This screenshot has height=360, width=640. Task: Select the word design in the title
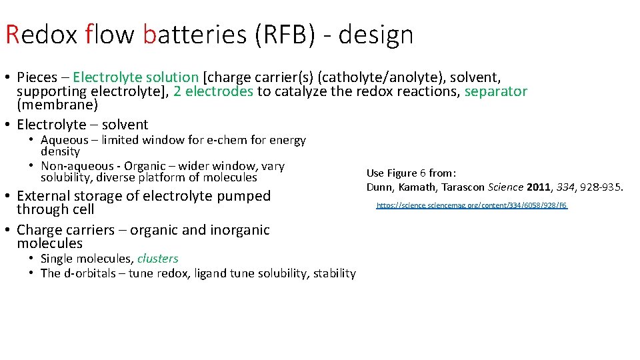pyautogui.click(x=375, y=35)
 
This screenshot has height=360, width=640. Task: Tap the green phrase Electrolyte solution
pyautogui.click(x=136, y=77)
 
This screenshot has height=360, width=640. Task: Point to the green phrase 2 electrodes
pyautogui.click(x=213, y=91)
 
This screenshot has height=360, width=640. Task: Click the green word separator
pyautogui.click(x=495, y=91)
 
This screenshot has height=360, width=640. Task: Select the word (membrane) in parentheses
pyautogui.click(x=57, y=105)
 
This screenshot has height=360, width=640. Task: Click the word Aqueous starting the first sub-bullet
pyautogui.click(x=65, y=140)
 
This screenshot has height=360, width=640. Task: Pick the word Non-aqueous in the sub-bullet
pyautogui.click(x=77, y=166)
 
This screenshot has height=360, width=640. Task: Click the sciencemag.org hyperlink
pyautogui.click(x=471, y=205)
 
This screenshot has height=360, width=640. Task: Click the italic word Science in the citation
pyautogui.click(x=506, y=187)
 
